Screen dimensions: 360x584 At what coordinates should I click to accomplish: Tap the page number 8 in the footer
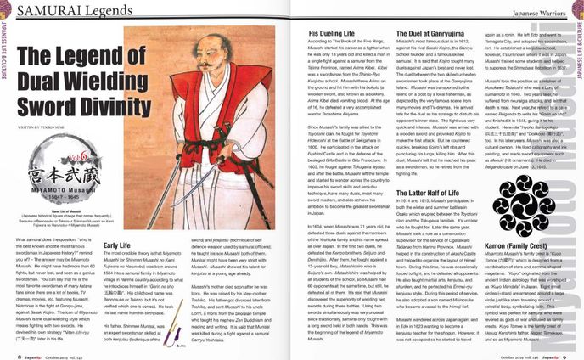tap(20, 354)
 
